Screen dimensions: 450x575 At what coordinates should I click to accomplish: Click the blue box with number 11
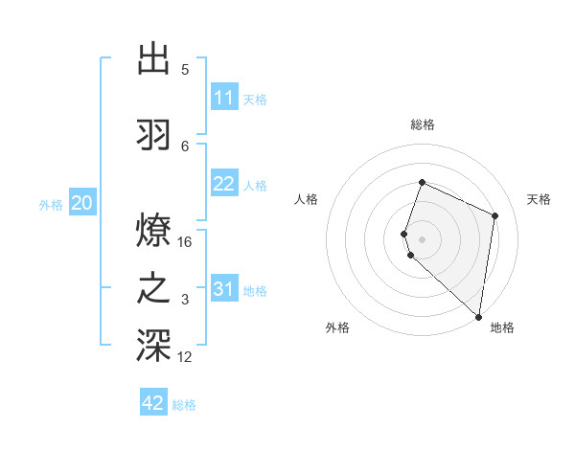(224, 98)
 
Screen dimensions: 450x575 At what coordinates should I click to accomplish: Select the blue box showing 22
(224, 184)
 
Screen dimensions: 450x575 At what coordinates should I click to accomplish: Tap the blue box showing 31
(224, 289)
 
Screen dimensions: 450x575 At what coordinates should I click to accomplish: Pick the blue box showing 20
(82, 203)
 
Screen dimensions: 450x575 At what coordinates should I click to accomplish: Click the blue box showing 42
(153, 403)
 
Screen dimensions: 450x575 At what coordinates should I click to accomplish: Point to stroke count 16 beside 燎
(186, 242)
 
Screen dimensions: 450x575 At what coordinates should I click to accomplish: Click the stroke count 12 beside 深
(186, 357)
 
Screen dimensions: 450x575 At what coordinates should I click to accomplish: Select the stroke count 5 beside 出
(185, 70)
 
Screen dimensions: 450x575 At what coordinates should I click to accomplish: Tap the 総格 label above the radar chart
(423, 124)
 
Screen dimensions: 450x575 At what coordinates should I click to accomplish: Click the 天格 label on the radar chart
(539, 199)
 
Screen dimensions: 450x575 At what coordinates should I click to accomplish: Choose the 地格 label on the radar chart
(502, 327)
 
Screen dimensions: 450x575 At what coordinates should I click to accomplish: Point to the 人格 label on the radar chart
(307, 199)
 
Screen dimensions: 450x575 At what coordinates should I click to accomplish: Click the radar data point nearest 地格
(479, 317)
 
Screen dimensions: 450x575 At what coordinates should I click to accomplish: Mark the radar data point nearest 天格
(495, 215)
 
